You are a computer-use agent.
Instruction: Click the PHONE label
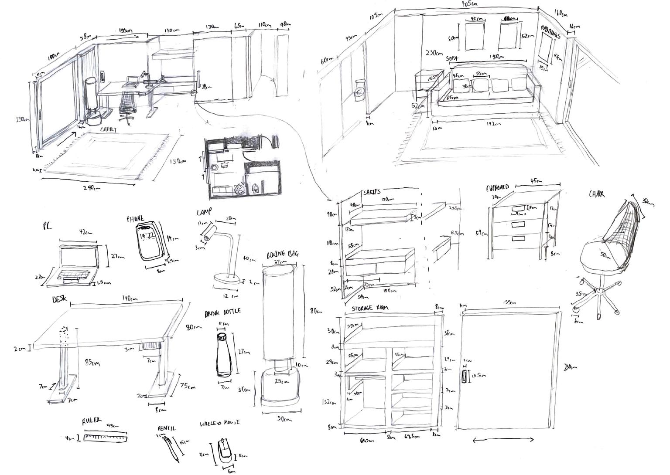135,219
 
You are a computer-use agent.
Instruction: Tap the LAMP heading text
204,212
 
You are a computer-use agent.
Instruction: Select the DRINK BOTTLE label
222,313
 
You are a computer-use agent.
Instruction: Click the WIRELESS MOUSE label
220,423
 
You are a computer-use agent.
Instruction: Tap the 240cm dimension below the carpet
91,188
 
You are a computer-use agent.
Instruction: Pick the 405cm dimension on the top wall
469,4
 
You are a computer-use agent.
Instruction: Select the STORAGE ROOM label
370,308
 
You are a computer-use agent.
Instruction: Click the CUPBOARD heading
498,188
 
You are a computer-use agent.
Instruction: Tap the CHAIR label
597,194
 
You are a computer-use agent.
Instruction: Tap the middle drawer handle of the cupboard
518,224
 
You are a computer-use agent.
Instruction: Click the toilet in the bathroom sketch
359,89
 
